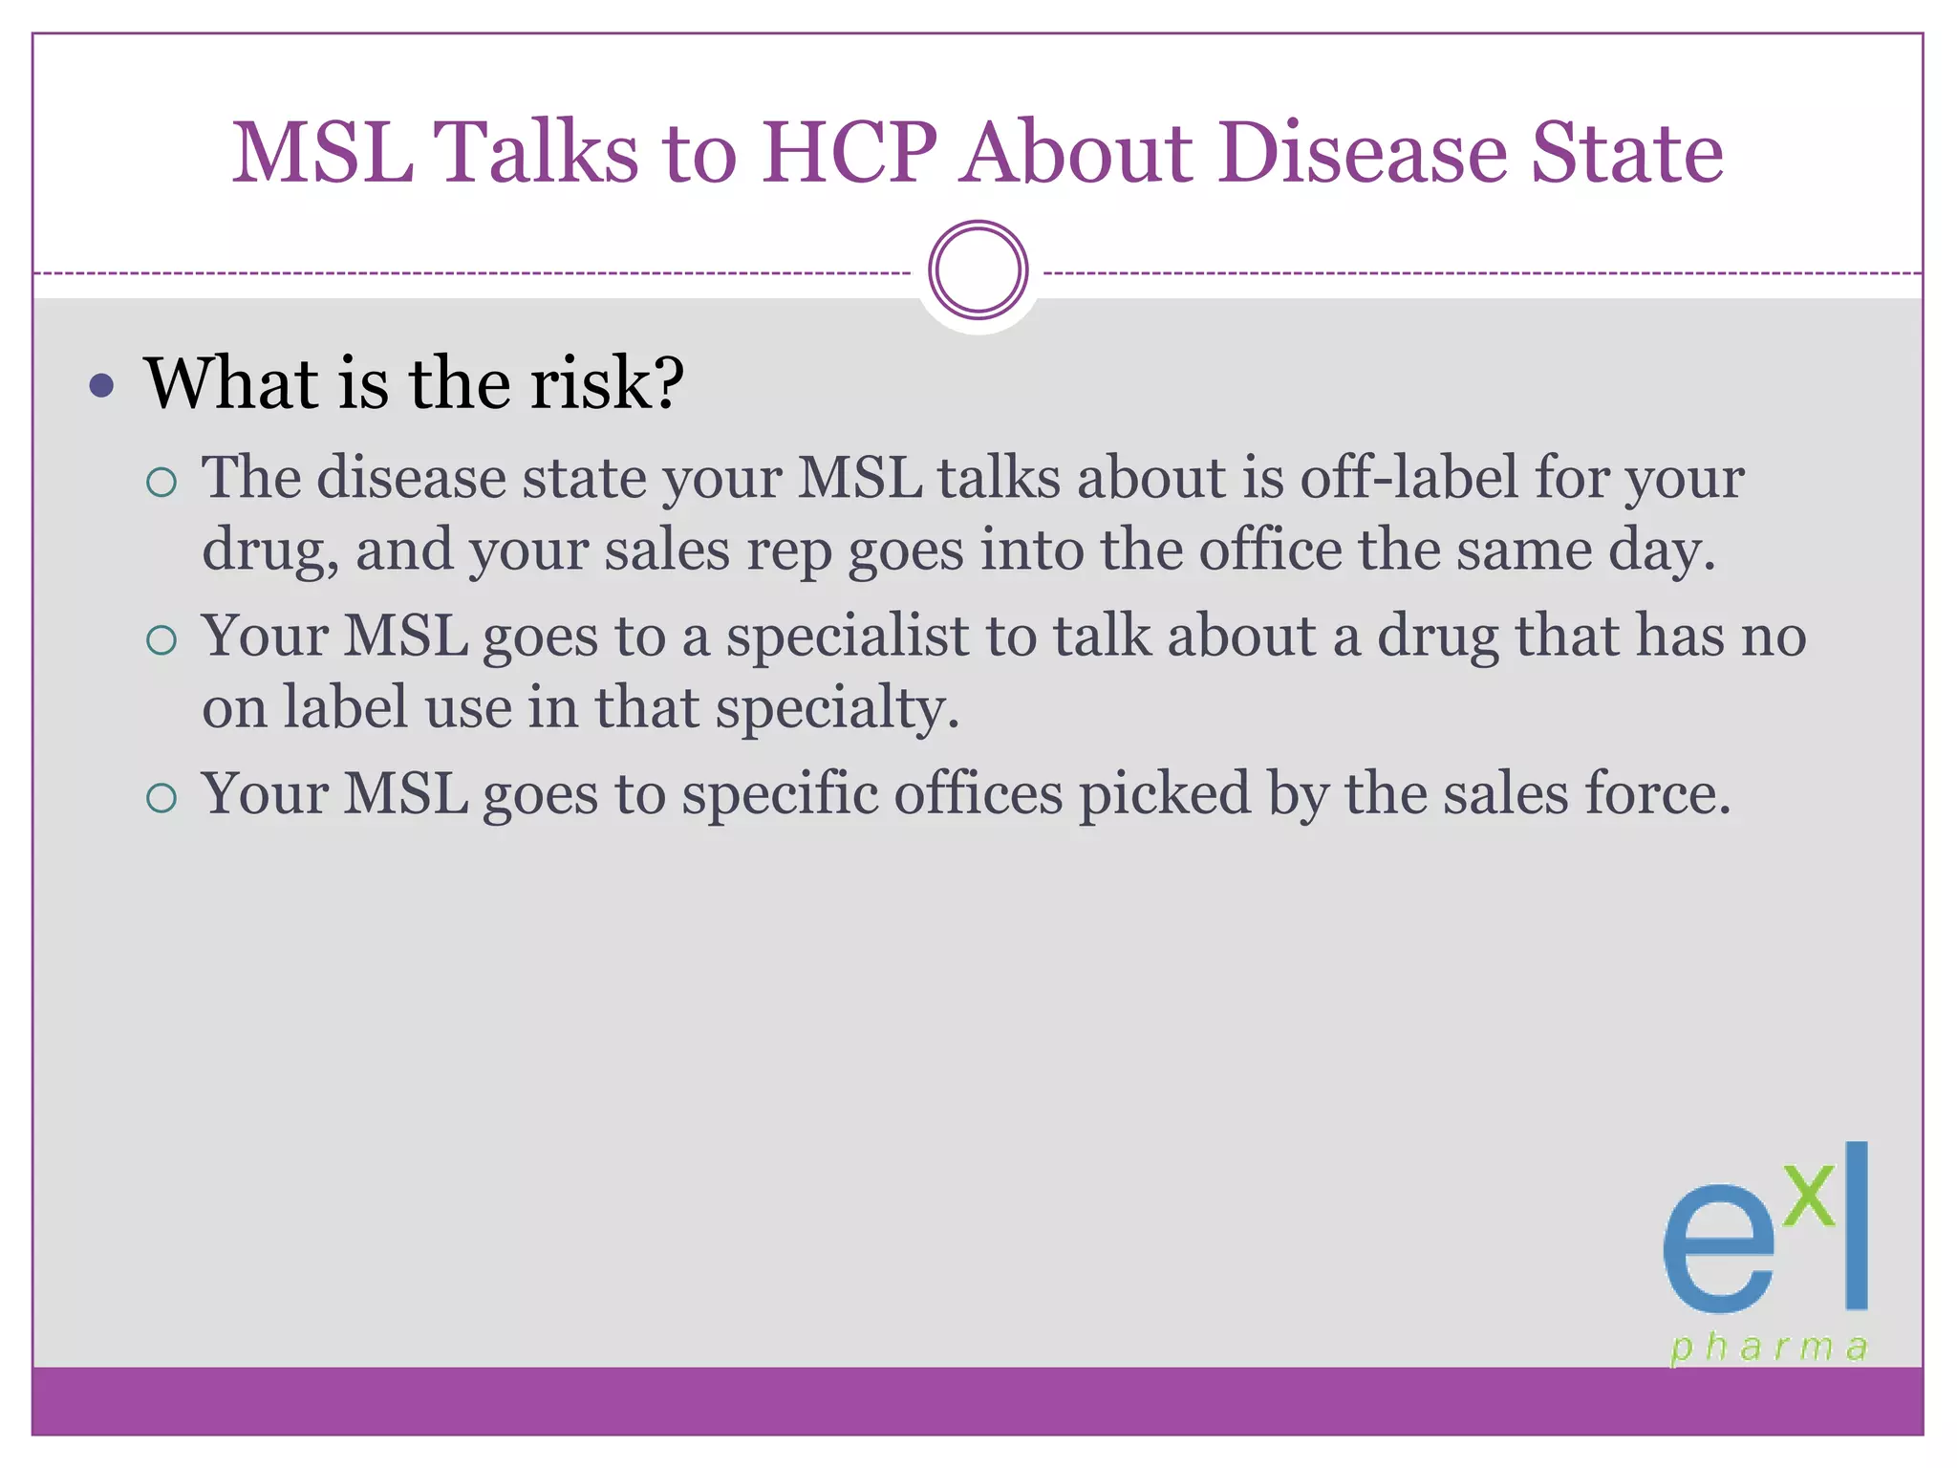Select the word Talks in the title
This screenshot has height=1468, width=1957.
coord(535,153)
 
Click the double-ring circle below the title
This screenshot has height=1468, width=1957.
coord(978,270)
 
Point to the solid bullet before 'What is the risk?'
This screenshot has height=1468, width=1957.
coord(101,386)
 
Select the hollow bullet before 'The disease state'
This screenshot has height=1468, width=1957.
coord(162,482)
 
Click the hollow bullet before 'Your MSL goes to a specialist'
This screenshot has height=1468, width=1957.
coord(162,640)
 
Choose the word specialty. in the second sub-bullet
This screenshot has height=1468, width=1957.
coord(837,709)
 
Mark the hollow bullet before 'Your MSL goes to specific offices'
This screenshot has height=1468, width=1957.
coord(162,797)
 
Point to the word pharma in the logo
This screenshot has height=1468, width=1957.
coord(1769,1348)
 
